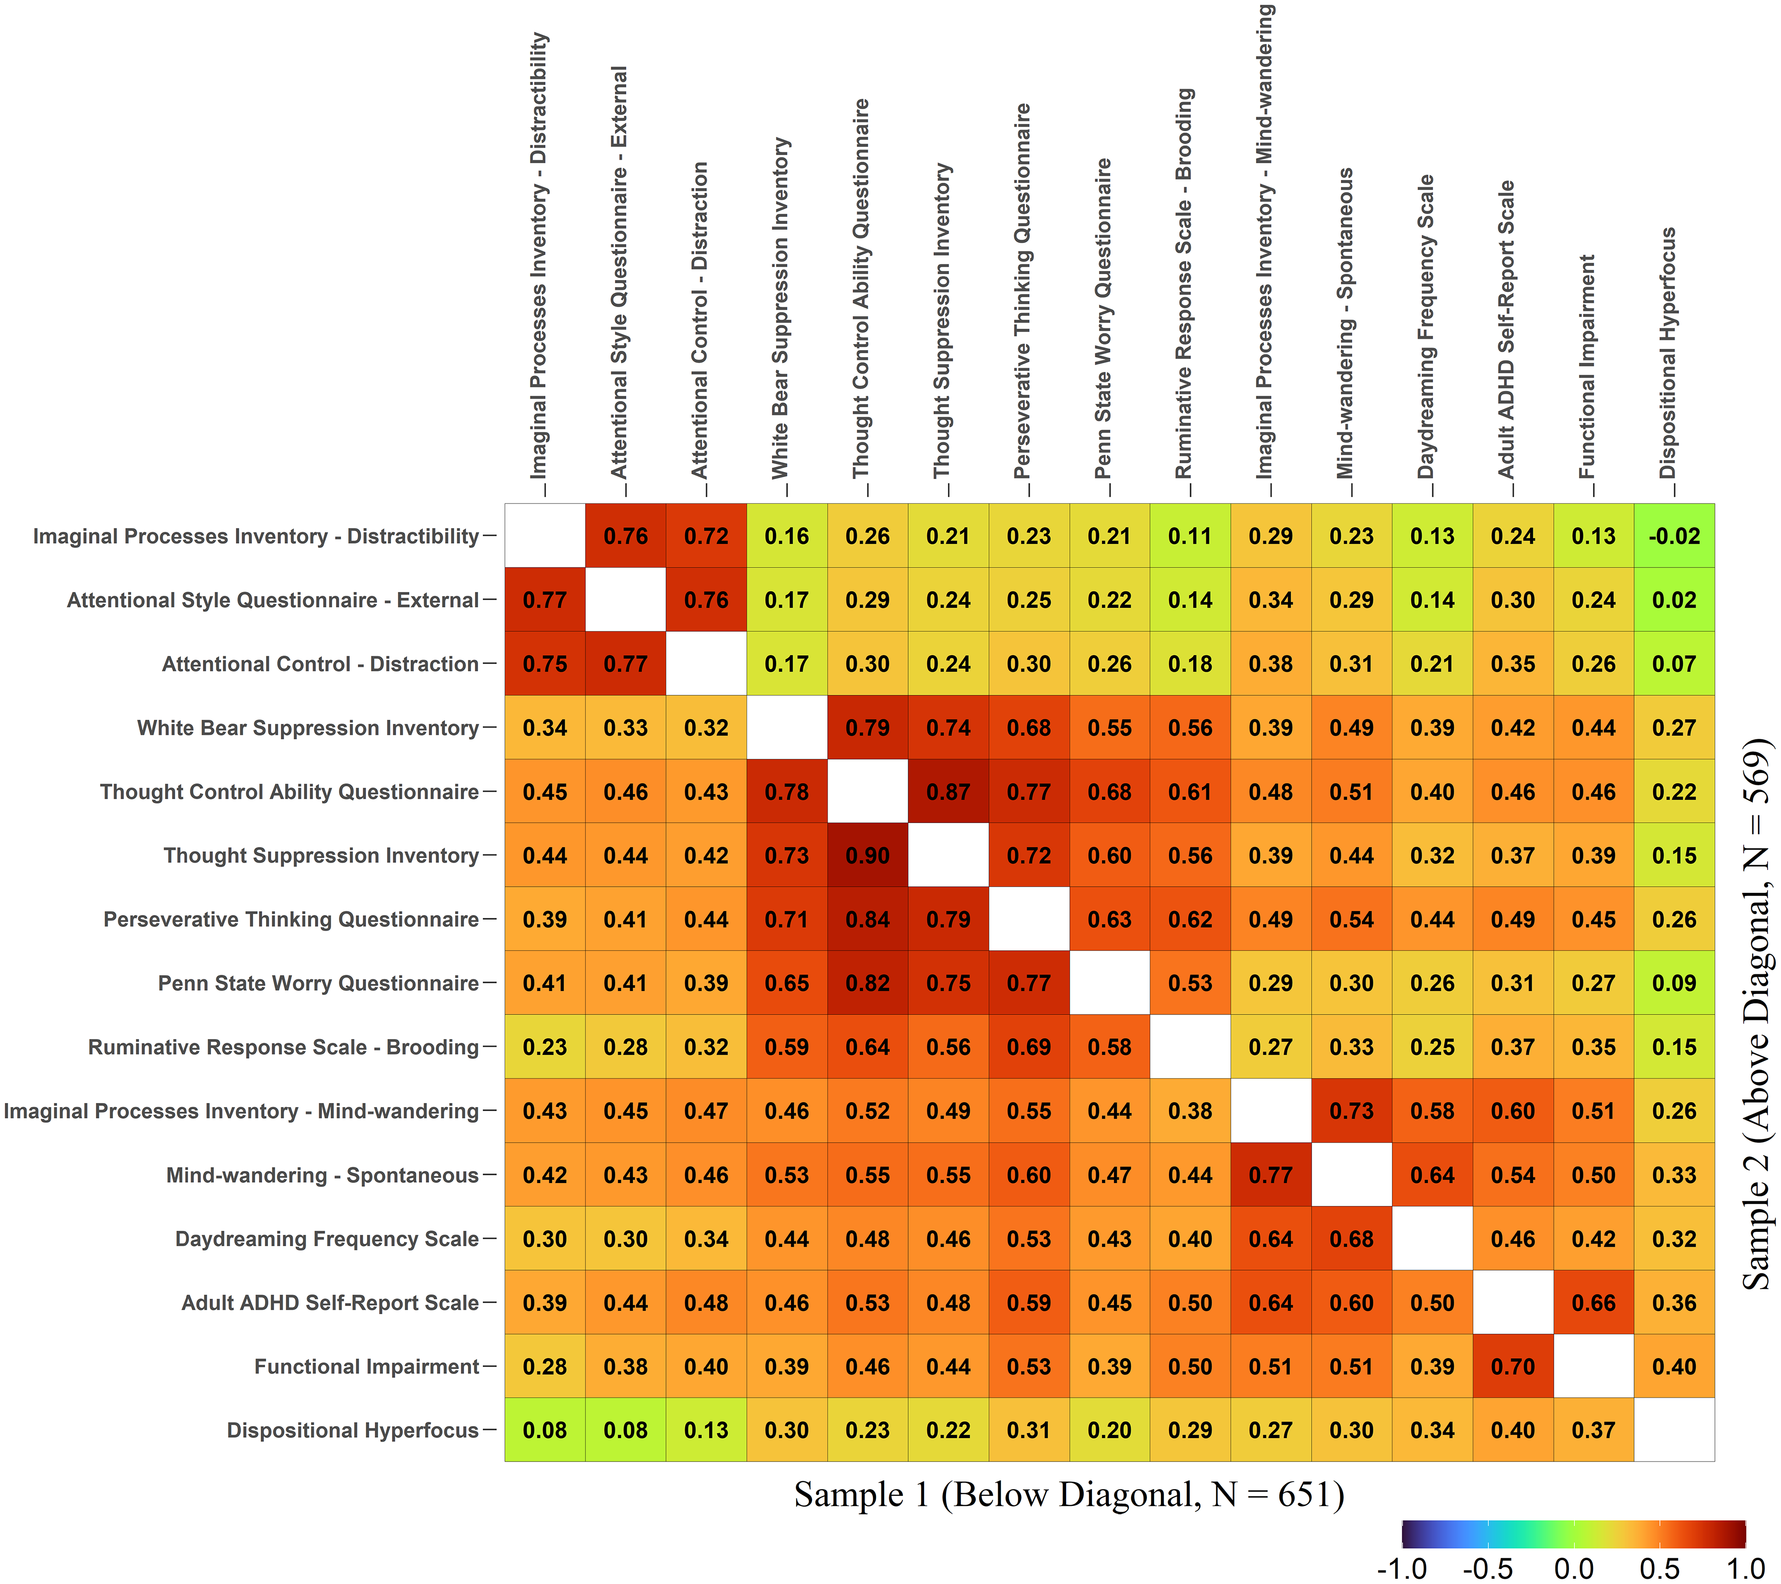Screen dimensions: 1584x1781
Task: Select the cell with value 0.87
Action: coord(948,792)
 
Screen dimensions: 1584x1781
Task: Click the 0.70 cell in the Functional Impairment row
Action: coord(1513,1366)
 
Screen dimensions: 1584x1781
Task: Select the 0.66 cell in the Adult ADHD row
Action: coord(1593,1303)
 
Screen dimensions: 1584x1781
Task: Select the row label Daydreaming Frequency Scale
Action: coord(327,1239)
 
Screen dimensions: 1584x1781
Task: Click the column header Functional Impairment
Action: coord(1587,366)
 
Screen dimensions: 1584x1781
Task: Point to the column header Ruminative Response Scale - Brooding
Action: coord(1183,283)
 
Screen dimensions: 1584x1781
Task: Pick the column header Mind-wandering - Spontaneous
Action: coord(1345,323)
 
